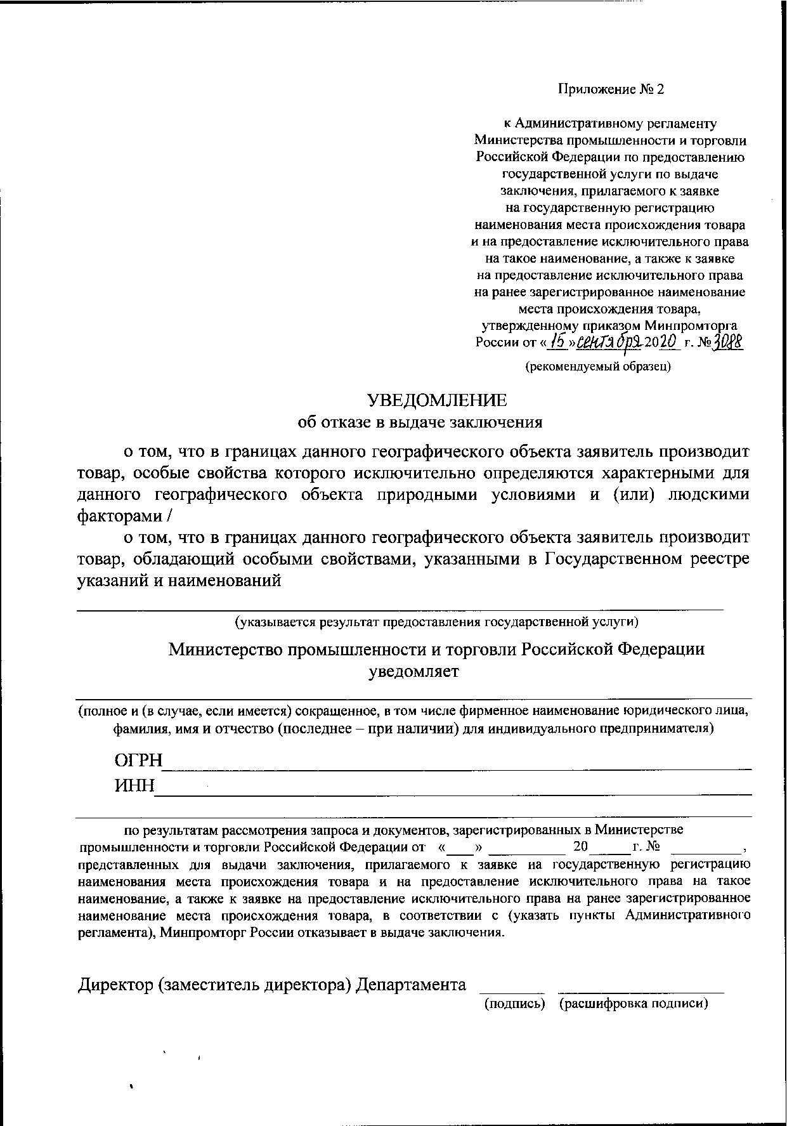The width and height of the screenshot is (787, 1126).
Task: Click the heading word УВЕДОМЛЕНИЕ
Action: tap(437, 400)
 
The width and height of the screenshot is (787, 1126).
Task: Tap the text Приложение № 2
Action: tap(610, 89)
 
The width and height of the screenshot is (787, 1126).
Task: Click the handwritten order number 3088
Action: tap(727, 343)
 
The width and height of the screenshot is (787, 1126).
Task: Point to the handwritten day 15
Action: tap(557, 343)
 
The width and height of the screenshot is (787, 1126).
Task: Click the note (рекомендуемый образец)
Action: tap(597, 366)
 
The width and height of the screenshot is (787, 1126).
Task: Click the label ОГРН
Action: tap(138, 760)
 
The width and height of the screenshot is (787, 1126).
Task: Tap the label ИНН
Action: tap(134, 786)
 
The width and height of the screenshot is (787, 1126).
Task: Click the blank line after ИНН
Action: tap(453, 792)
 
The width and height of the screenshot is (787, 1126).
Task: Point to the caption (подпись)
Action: tap(515, 1003)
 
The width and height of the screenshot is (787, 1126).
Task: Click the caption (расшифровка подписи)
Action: tap(634, 1003)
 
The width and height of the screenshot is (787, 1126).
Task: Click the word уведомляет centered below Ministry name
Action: tap(413, 672)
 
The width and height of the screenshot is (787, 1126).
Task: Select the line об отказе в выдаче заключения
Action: tap(420, 422)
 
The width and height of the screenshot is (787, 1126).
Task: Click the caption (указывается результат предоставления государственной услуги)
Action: tap(436, 622)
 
